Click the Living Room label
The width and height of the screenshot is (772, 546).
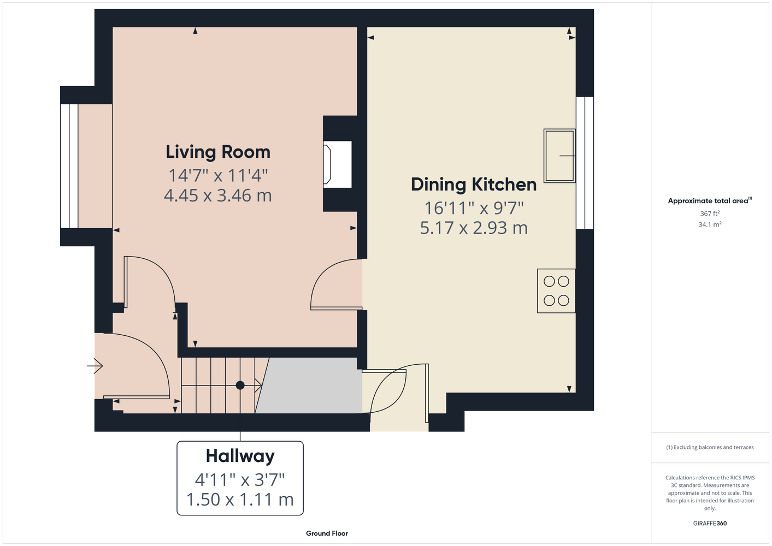218,152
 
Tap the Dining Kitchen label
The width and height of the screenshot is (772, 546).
474,185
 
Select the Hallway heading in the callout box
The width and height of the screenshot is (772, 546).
240,456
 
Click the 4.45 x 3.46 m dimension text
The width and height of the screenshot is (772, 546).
218,195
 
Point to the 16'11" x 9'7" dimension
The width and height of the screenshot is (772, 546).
474,207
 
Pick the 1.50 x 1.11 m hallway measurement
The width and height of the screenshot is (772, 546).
240,499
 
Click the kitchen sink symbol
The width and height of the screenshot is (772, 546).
559,156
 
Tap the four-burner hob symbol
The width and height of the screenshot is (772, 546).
556,290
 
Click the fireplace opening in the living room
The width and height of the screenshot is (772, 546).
337,164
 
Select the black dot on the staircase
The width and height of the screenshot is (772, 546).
240,385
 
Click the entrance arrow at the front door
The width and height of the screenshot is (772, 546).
95,365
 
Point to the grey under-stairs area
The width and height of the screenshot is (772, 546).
309,385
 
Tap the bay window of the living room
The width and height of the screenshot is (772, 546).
69,166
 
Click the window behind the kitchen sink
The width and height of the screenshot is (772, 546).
585,163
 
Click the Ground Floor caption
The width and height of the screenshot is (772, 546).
327,533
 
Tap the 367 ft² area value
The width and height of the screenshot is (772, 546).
710,213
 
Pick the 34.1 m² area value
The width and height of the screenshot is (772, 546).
710,224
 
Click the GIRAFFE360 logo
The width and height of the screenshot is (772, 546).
710,523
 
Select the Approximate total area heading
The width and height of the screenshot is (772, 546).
710,200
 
